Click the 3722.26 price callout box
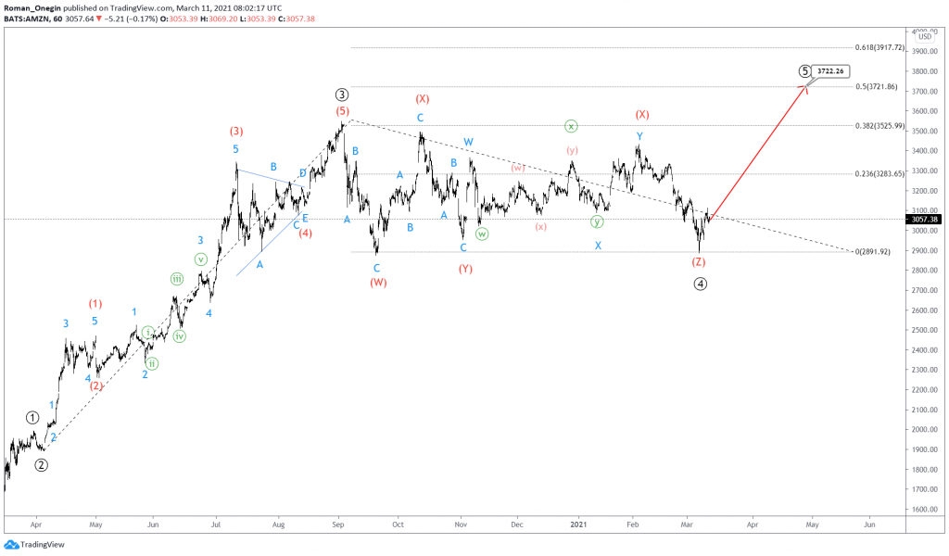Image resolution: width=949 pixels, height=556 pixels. (831, 70)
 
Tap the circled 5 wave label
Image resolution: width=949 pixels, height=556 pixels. (805, 71)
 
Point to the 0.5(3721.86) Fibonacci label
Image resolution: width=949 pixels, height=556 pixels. (877, 86)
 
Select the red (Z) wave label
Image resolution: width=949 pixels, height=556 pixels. (699, 262)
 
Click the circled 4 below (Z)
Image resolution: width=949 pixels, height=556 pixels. (701, 284)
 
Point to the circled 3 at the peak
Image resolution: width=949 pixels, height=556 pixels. (342, 95)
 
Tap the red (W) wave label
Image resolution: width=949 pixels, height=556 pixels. (378, 283)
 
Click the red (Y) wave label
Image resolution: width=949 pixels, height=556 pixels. (466, 269)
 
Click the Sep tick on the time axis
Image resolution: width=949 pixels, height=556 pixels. (338, 524)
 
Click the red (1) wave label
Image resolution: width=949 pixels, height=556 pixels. (95, 303)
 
